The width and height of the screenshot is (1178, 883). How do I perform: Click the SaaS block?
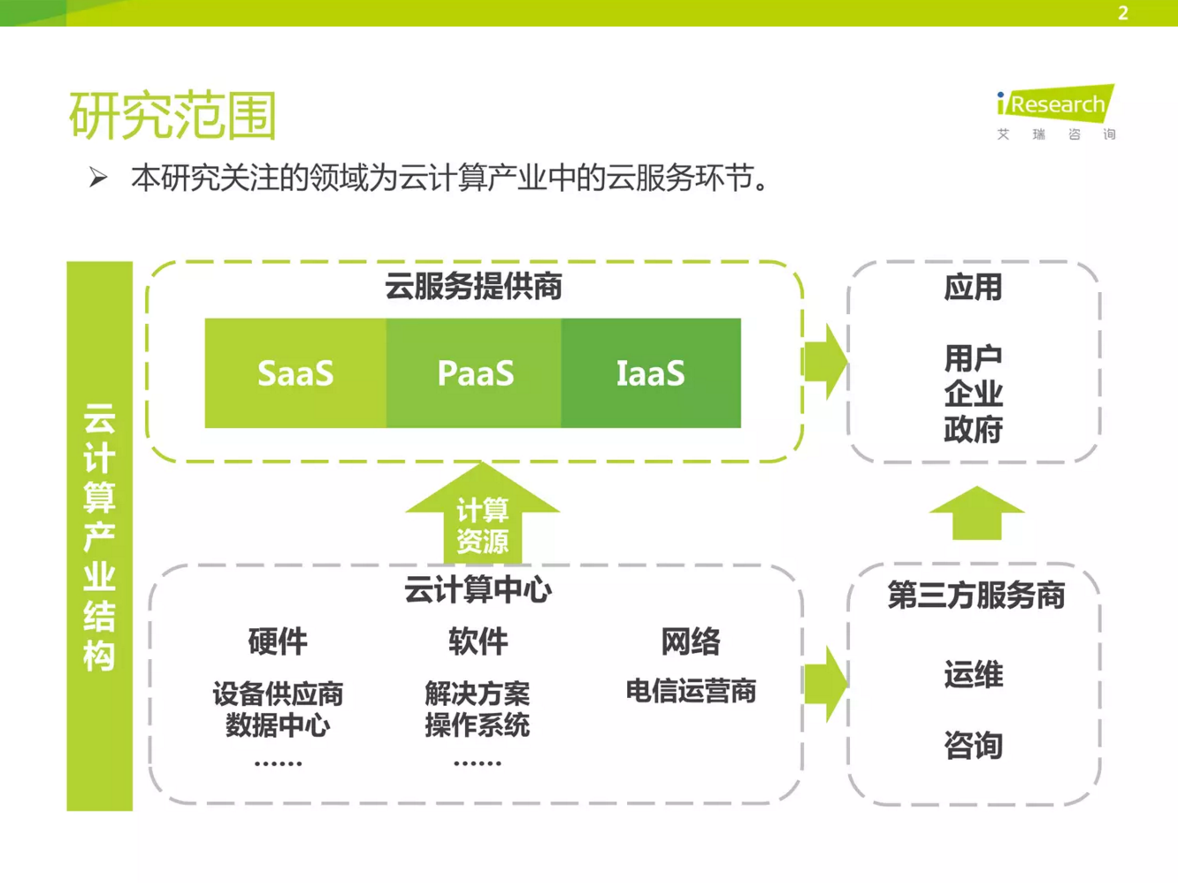(295, 373)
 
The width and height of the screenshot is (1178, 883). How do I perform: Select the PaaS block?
(475, 373)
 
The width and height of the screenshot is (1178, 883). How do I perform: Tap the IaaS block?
(651, 373)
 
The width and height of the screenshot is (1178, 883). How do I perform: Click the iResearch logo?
(1056, 111)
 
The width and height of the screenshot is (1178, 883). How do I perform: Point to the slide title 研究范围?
(172, 115)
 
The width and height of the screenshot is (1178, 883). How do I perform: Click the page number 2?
(1122, 13)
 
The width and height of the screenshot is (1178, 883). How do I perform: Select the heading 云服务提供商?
(473, 287)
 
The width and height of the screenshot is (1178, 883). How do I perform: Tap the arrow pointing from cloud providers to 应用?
(825, 361)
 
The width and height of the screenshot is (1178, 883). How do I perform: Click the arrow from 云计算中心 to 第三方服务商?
(825, 683)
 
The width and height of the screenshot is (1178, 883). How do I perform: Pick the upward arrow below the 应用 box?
(976, 513)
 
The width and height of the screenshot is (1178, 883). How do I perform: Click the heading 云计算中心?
(478, 590)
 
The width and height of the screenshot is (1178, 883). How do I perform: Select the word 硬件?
(278, 641)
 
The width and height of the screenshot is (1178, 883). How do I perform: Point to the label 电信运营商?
(691, 691)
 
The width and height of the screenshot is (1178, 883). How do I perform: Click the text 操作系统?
(478, 726)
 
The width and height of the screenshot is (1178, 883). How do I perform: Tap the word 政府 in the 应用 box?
(973, 430)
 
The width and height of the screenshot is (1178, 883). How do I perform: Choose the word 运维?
(973, 675)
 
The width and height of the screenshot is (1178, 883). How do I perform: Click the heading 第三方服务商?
(976, 595)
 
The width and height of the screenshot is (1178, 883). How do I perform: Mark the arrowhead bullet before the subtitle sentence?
(98, 178)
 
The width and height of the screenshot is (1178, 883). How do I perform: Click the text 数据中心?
(278, 726)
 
